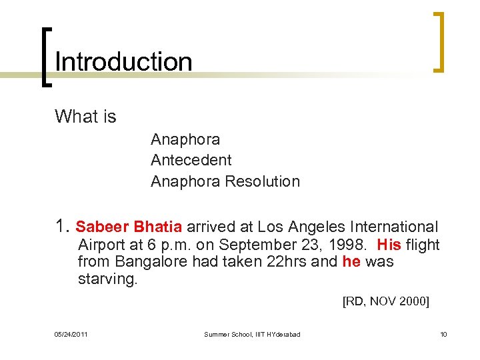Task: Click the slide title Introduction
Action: click(x=123, y=62)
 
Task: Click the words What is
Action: click(x=85, y=117)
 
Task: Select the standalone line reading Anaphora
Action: click(x=185, y=139)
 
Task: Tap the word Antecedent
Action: click(x=191, y=160)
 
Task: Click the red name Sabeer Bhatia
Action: click(x=129, y=227)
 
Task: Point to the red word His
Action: click(x=389, y=245)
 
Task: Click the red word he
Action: click(x=351, y=261)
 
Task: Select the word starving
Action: click(x=107, y=279)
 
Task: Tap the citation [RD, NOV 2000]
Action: click(x=385, y=302)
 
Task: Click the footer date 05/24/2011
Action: click(x=71, y=334)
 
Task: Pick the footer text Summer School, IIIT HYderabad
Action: click(x=252, y=334)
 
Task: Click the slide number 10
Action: click(x=443, y=334)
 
